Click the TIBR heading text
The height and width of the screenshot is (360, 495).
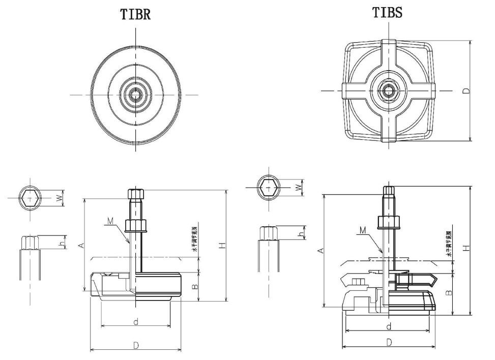pyautogui.click(x=135, y=15)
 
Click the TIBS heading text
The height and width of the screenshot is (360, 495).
pyautogui.click(x=387, y=13)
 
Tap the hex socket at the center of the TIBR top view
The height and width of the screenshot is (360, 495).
pyautogui.click(x=136, y=95)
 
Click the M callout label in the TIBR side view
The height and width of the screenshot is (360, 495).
pyautogui.click(x=111, y=221)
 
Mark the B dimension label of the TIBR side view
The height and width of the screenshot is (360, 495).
pyautogui.click(x=194, y=287)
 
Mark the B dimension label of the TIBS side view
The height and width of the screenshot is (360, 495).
pyautogui.click(x=449, y=293)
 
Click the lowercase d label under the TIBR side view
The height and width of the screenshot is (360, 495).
pyautogui.click(x=135, y=321)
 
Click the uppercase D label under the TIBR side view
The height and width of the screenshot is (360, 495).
pyautogui.click(x=136, y=346)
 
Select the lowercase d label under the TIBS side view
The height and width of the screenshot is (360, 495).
pyautogui.click(x=388, y=326)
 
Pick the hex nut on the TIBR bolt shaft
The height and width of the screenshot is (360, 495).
pyautogui.click(x=136, y=225)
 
